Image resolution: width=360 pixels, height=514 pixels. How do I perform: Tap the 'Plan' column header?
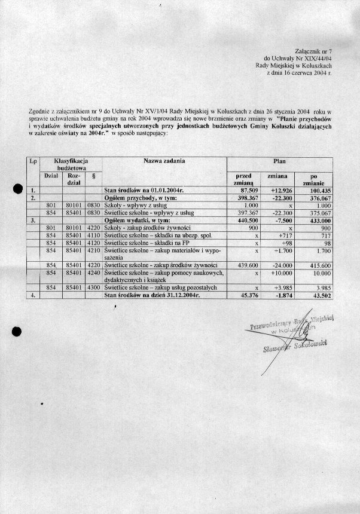(280, 161)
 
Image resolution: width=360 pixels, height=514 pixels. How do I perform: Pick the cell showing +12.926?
(280, 189)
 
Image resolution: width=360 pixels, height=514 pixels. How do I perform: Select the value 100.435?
(317, 189)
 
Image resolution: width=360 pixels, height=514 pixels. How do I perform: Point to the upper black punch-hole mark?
(19, 190)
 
